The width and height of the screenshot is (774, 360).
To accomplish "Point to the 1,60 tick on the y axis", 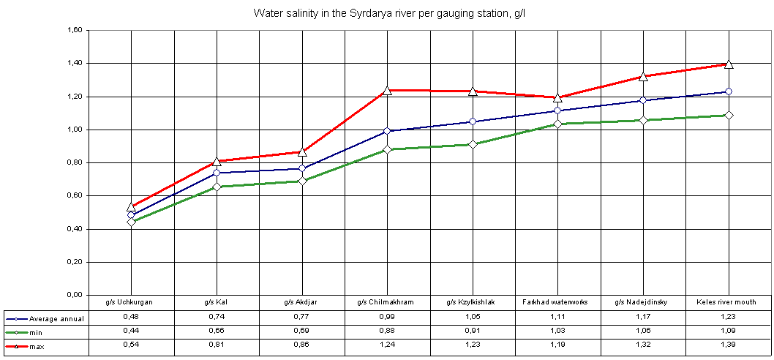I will pyautogui.click(x=73, y=31).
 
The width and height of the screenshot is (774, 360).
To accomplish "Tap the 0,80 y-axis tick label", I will pyautogui.click(x=73, y=163).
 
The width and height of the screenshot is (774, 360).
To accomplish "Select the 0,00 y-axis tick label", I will pyautogui.click(x=73, y=295).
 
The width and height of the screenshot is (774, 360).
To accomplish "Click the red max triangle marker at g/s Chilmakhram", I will pyautogui.click(x=388, y=90).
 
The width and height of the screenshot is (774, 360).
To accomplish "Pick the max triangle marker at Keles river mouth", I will pyautogui.click(x=728, y=64).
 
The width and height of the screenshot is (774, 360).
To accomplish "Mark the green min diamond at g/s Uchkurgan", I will pyautogui.click(x=132, y=222).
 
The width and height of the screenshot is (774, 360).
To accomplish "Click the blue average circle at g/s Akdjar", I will pyautogui.click(x=302, y=168).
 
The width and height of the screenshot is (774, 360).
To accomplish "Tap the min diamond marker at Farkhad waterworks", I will pyautogui.click(x=557, y=124).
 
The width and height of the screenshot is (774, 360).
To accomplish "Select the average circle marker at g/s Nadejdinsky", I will pyautogui.click(x=643, y=100).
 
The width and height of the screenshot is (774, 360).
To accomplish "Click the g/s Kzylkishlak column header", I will pyautogui.click(x=473, y=301).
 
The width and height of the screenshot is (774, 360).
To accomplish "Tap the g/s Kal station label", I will pyautogui.click(x=217, y=301).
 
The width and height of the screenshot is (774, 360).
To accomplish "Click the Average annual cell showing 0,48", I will pyautogui.click(x=132, y=317).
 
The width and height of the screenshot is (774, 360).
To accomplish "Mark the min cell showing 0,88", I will pyautogui.click(x=387, y=331).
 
